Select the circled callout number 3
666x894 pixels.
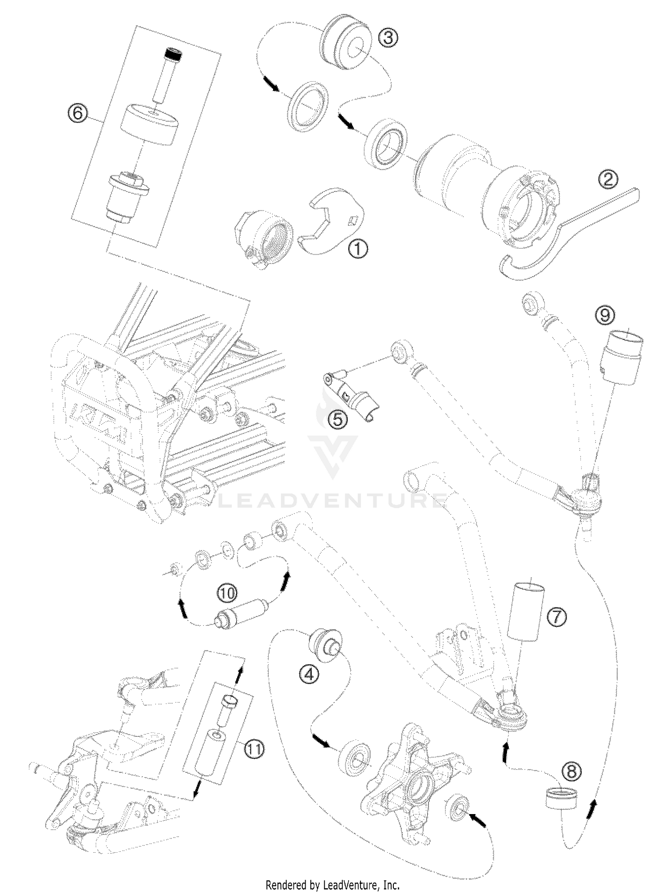tap(388, 37)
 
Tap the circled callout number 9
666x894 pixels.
tap(607, 316)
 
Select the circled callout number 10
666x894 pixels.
tap(227, 592)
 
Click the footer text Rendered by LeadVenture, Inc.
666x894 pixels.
tap(333, 885)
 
